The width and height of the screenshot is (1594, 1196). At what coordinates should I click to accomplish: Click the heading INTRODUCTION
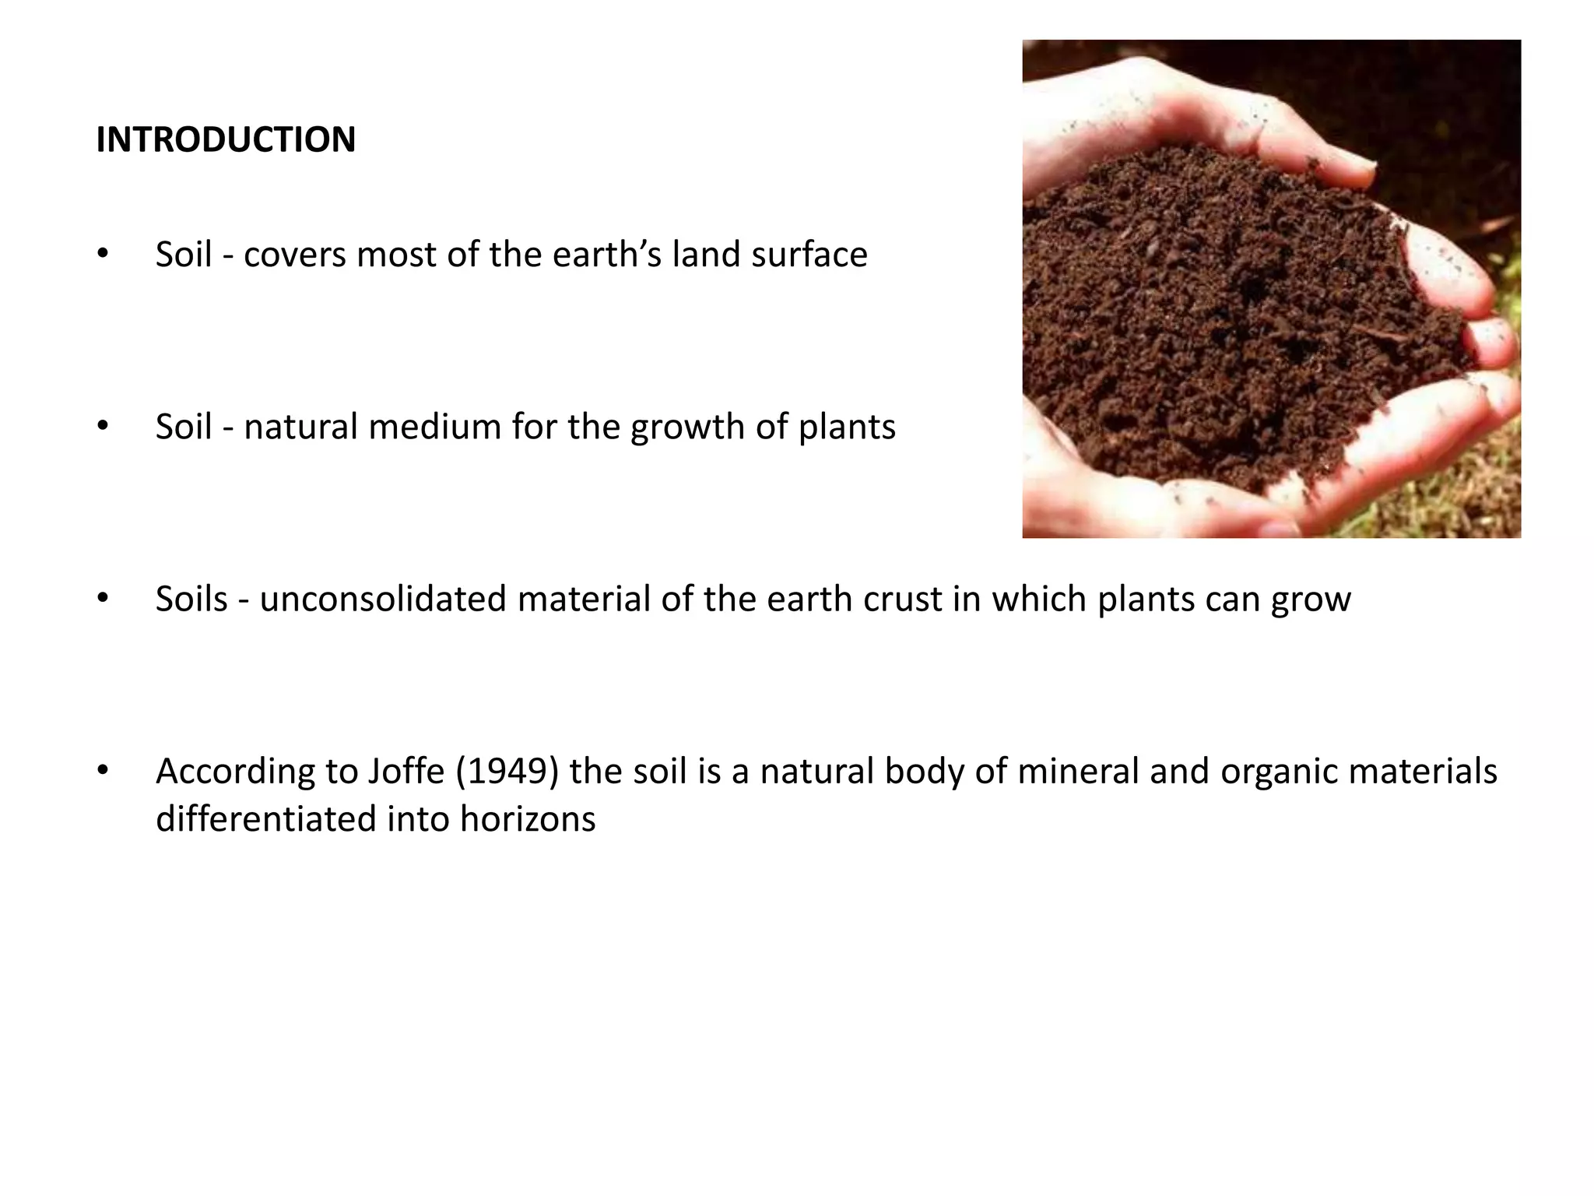[x=226, y=140]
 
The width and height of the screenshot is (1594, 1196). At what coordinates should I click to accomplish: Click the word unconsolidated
[x=383, y=599]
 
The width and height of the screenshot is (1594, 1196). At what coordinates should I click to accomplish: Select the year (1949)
[x=507, y=771]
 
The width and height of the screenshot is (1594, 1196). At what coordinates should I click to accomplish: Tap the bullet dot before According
[x=102, y=771]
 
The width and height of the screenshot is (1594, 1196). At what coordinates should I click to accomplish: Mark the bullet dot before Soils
[x=102, y=599]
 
